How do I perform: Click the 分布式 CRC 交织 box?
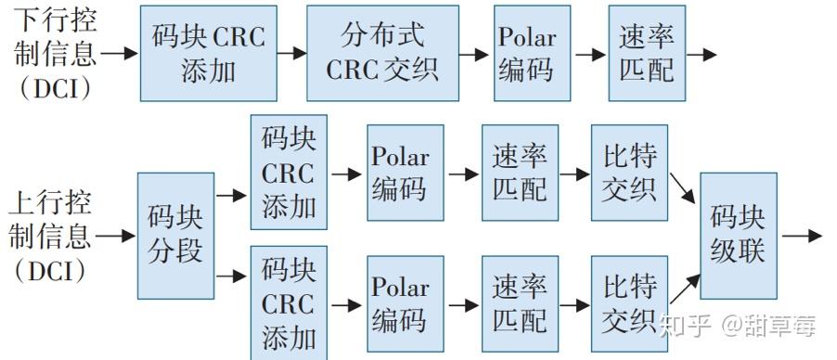pos(382,53)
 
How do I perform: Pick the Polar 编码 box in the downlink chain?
pos(526,53)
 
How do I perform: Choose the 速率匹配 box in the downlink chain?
pos(647,53)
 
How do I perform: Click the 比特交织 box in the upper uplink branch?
pos(629,173)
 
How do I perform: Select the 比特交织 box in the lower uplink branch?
pos(629,304)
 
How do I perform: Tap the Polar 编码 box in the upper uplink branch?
pos(399,173)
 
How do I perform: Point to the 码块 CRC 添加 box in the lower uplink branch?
pos(289,304)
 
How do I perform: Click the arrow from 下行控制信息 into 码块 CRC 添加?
pos(119,54)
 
